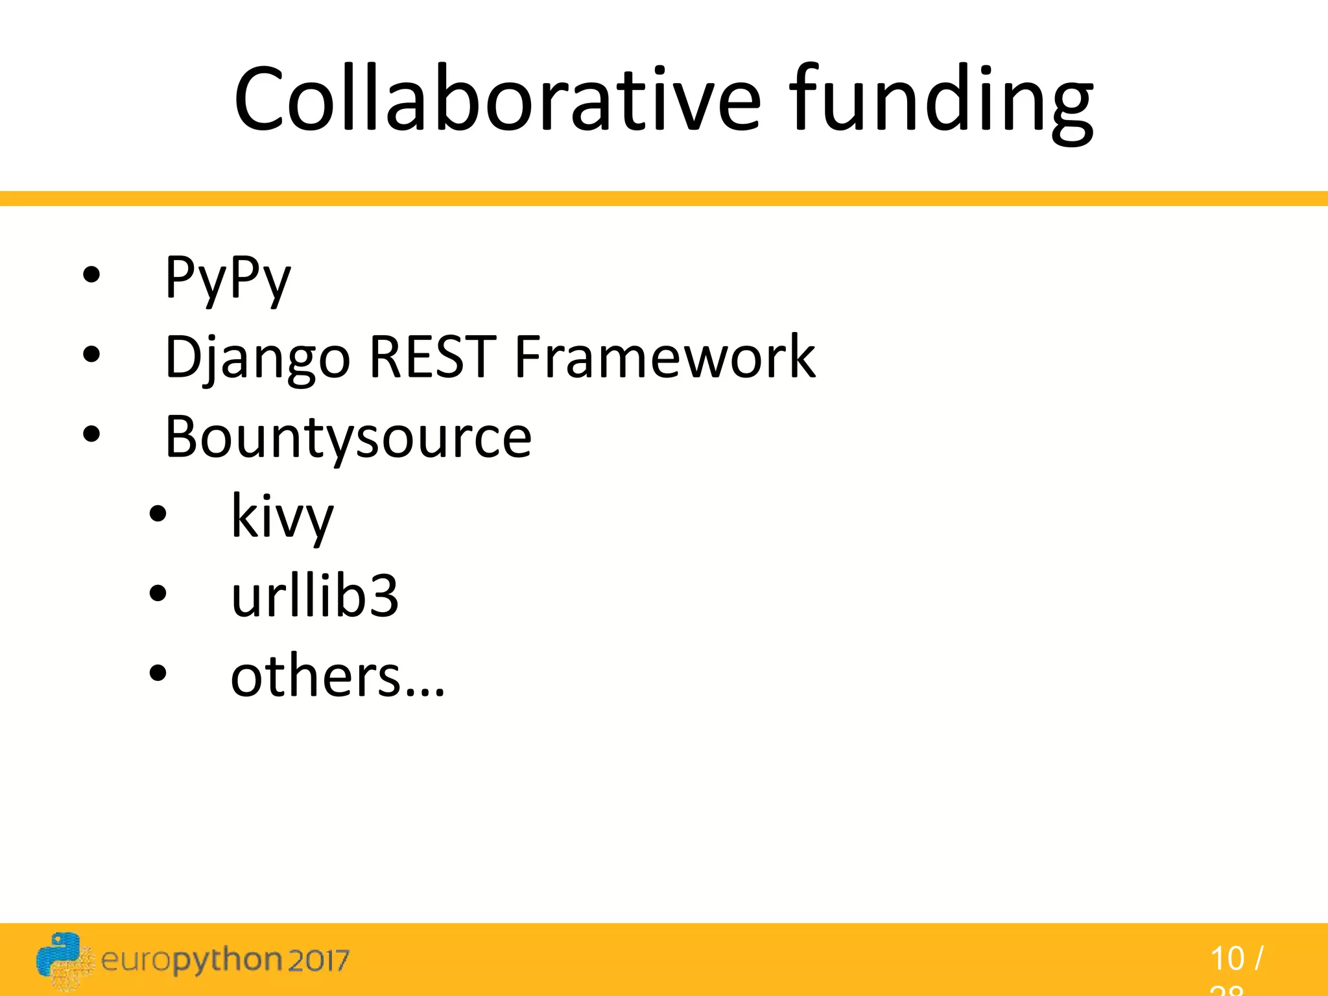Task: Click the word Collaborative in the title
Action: tap(497, 99)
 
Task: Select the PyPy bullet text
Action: tap(228, 278)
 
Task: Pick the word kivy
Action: tap(282, 517)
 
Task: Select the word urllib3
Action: tap(314, 596)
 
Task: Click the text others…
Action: tap(338, 676)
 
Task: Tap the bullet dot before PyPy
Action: tap(91, 275)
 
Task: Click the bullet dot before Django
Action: tap(91, 354)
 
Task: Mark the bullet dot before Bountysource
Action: tap(91, 434)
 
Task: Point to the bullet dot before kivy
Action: tap(158, 514)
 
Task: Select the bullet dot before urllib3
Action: tap(158, 593)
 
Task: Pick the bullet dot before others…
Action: tap(158, 673)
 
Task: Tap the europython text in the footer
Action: tap(191, 960)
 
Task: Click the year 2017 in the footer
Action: tap(318, 960)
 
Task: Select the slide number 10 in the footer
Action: tap(1227, 958)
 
